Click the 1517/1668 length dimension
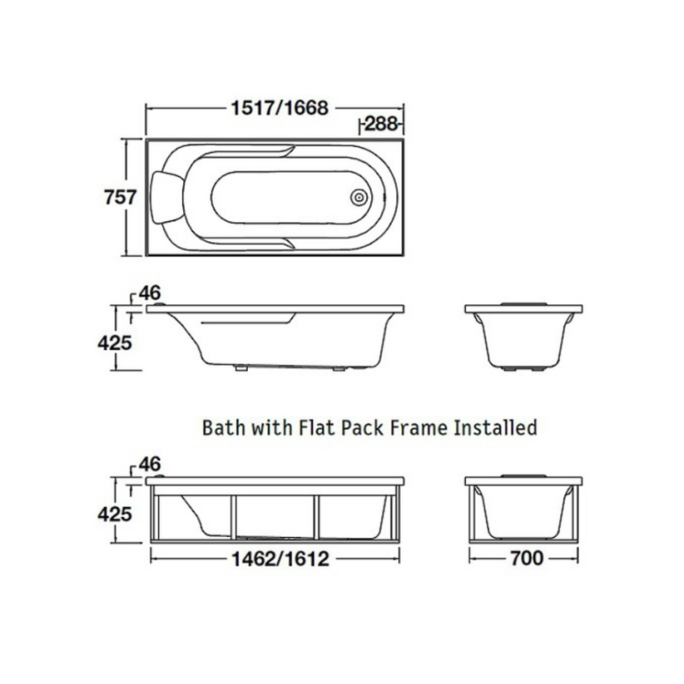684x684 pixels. [280, 108]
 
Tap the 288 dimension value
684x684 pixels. [380, 124]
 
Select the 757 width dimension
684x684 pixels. [121, 198]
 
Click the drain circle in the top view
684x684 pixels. [359, 198]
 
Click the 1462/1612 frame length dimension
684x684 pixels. [280, 559]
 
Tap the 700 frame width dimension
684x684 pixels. [527, 558]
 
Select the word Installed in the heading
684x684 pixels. [495, 427]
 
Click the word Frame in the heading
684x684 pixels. [418, 427]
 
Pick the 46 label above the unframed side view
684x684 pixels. [150, 293]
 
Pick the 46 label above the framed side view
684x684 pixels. [150, 464]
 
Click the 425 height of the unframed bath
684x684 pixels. [115, 343]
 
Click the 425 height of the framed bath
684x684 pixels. [115, 515]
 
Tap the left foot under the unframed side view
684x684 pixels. [240, 368]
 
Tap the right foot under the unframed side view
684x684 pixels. [339, 369]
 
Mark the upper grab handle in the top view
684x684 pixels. [245, 154]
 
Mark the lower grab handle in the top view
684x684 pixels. [245, 243]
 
